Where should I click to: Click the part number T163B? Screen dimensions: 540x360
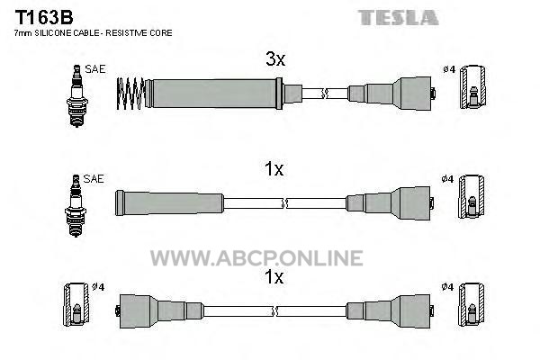coord(44,17)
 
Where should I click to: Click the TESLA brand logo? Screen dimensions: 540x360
coord(398,18)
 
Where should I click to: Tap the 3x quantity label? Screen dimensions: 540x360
coord(275,58)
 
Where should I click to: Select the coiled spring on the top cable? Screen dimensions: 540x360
coord(130,94)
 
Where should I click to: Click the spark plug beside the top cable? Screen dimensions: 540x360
coord(77,95)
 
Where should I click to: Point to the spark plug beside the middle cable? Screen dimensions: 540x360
coord(76,206)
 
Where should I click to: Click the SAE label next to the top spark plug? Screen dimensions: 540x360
coord(95,69)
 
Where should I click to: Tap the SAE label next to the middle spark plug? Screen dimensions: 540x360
coord(94,178)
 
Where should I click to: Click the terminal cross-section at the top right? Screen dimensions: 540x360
coord(473,86)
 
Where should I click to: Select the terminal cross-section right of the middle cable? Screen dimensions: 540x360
coord(471,197)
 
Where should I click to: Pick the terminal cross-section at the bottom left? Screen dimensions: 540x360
coord(76,304)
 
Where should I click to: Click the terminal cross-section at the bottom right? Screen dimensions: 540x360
coord(471,304)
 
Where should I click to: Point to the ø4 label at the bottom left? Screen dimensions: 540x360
coord(98,286)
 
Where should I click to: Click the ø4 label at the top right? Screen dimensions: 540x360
coord(449,69)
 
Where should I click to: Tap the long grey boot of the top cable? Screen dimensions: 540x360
coord(214,94)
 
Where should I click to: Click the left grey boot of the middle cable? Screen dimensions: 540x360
coord(169,202)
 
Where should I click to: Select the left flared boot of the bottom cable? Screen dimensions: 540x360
coord(160,310)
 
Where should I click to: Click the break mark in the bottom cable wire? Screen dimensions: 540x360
coord(274,311)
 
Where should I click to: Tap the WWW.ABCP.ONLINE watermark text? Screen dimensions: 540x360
coord(256,258)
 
